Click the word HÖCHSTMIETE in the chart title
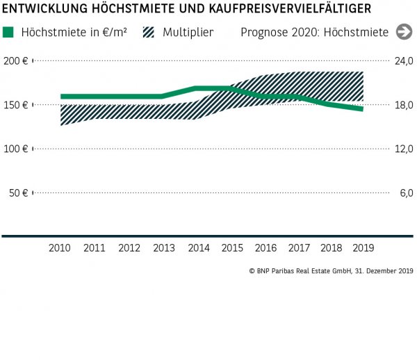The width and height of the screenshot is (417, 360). [x=128, y=8]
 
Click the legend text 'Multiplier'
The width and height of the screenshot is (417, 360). [x=188, y=33]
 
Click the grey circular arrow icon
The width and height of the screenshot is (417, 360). [x=404, y=32]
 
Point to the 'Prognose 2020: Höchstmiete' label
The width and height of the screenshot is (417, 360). [x=315, y=33]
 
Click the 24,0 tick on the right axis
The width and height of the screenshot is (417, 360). [x=404, y=61]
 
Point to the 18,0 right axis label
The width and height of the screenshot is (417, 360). [x=404, y=105]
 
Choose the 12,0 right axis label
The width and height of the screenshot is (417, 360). [x=404, y=149]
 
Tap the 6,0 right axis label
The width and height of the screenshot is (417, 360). [x=407, y=193]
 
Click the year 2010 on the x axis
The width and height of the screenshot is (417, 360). [x=60, y=247]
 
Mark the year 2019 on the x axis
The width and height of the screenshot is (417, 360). [x=362, y=247]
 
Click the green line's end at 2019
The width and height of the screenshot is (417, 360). [x=361, y=109]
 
